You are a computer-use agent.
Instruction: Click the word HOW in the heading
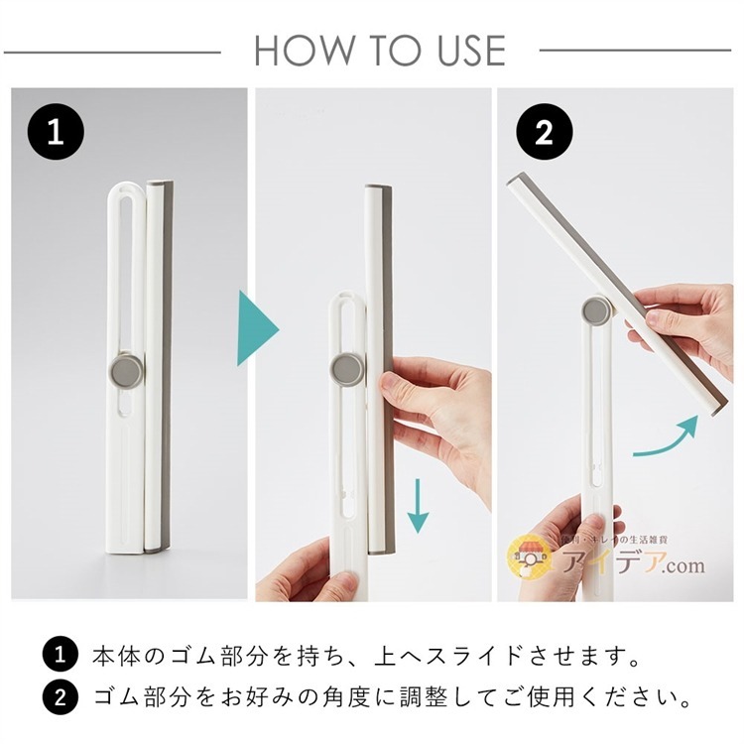[298, 50]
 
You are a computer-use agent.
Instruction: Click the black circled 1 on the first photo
[56, 133]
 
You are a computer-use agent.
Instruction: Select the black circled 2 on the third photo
[542, 133]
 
